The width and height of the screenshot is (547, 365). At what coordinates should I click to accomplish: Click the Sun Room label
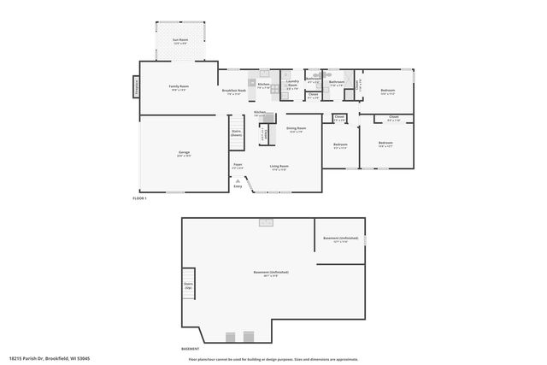pos(179,41)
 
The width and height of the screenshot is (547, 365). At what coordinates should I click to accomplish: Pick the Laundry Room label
pos(291,83)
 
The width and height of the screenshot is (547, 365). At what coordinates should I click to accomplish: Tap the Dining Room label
pos(296,130)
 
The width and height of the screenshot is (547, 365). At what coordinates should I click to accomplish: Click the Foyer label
pos(238,166)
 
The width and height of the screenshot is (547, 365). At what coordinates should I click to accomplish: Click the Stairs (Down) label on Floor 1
pos(236,133)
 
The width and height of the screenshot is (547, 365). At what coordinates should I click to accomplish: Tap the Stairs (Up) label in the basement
pos(188,286)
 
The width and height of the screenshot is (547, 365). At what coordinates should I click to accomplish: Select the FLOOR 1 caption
pos(140,198)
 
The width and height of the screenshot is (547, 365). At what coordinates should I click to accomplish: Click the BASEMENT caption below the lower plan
pos(191,349)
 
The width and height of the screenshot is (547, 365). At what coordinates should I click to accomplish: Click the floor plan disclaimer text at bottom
pos(273,359)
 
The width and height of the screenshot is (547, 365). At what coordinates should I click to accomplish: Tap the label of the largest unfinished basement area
pos(265,274)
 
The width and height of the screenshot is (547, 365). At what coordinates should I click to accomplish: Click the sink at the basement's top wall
pos(266,221)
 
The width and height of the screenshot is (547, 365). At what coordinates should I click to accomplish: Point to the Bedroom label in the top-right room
pos(387,91)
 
